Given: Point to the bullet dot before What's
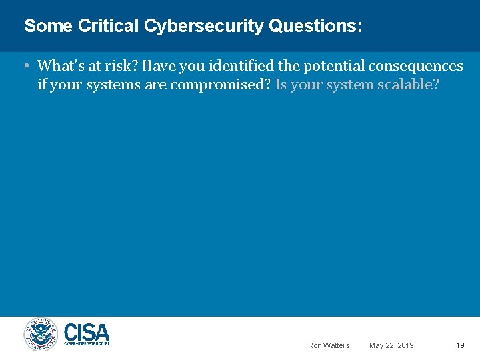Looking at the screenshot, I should coord(25,66).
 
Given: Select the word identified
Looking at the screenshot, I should coord(231,66).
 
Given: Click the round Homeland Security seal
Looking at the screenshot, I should coord(41,334).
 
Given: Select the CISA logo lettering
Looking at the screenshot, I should coord(87,331).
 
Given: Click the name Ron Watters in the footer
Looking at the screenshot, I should coord(328,345).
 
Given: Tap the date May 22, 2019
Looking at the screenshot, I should coord(391,345).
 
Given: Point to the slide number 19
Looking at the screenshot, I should coord(460,345).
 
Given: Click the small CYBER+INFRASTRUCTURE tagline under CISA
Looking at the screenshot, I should coord(87,343).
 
